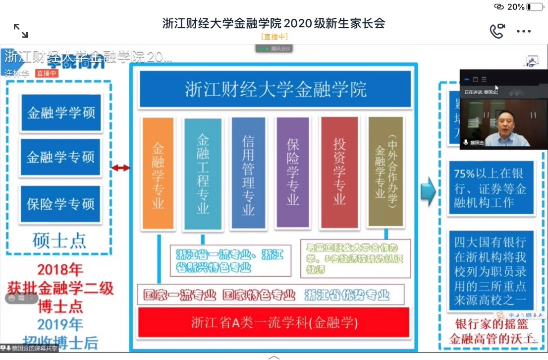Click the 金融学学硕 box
[60, 113]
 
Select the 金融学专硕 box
[60, 158]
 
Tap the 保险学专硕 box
[60, 204]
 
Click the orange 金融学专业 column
[158, 174]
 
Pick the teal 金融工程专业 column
[203, 174]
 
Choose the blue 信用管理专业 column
[248, 174]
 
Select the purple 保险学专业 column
[293, 174]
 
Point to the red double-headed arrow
[120, 168]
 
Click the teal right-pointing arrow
[428, 194]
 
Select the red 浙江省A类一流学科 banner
[274, 323]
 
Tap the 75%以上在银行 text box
[491, 188]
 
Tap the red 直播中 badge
[47, 73]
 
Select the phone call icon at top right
[496, 31]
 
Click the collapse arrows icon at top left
[21, 31]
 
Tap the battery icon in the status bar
[534, 7]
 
